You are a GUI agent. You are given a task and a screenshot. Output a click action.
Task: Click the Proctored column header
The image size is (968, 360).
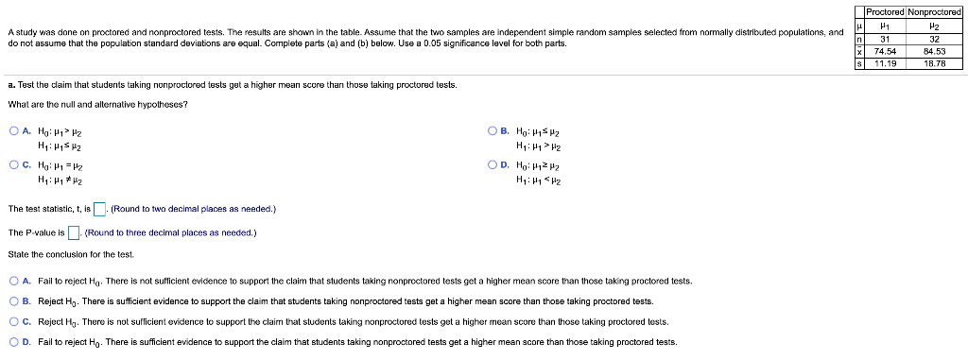886,11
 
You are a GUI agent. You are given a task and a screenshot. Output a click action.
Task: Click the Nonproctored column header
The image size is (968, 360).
934,11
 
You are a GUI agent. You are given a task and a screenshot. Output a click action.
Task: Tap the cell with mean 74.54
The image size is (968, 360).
886,53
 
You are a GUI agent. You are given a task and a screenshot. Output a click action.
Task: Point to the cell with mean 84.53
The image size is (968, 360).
934,53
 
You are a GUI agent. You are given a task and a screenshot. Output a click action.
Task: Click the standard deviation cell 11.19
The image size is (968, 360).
886,63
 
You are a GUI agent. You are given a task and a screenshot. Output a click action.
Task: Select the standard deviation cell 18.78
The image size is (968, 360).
934,63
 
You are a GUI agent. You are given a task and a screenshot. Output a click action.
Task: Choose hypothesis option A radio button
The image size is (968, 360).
13,132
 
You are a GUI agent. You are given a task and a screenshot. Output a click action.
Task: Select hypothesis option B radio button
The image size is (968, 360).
493,132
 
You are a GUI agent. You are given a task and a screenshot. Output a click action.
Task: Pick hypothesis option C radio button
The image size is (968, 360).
13,164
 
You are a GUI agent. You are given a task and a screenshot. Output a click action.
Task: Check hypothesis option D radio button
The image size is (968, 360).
493,164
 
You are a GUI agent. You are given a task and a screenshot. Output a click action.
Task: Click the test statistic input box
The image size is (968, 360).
99,209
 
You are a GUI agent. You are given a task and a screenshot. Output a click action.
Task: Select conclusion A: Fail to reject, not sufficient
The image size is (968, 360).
13,281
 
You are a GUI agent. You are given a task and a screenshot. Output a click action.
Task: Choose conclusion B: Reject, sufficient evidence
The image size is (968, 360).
13,301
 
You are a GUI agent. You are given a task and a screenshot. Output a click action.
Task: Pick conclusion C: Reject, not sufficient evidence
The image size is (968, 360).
13,322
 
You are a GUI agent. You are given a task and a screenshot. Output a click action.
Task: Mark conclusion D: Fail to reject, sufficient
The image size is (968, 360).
13,342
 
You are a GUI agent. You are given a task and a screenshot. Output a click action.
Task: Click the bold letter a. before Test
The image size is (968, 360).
10,84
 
